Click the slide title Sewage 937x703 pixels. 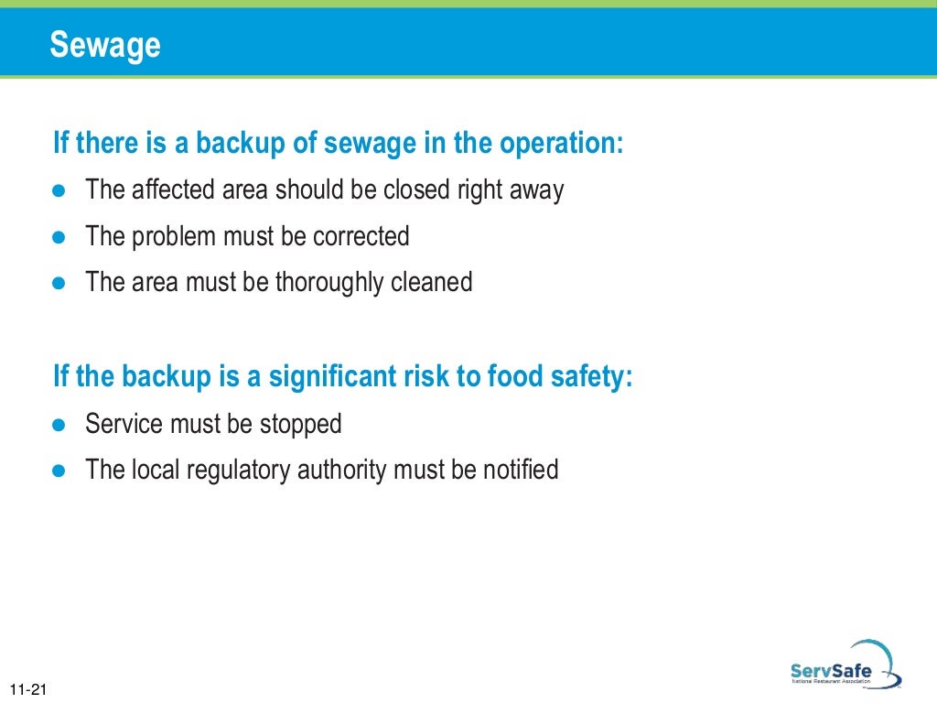tap(105, 44)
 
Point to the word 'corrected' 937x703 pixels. tap(361, 236)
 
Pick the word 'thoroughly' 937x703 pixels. tap(323, 282)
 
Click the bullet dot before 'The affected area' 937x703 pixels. tap(60, 191)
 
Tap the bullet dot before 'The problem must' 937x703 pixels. tap(60, 237)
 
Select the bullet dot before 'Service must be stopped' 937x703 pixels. tap(60, 425)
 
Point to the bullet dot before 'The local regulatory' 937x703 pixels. tap(60, 470)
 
